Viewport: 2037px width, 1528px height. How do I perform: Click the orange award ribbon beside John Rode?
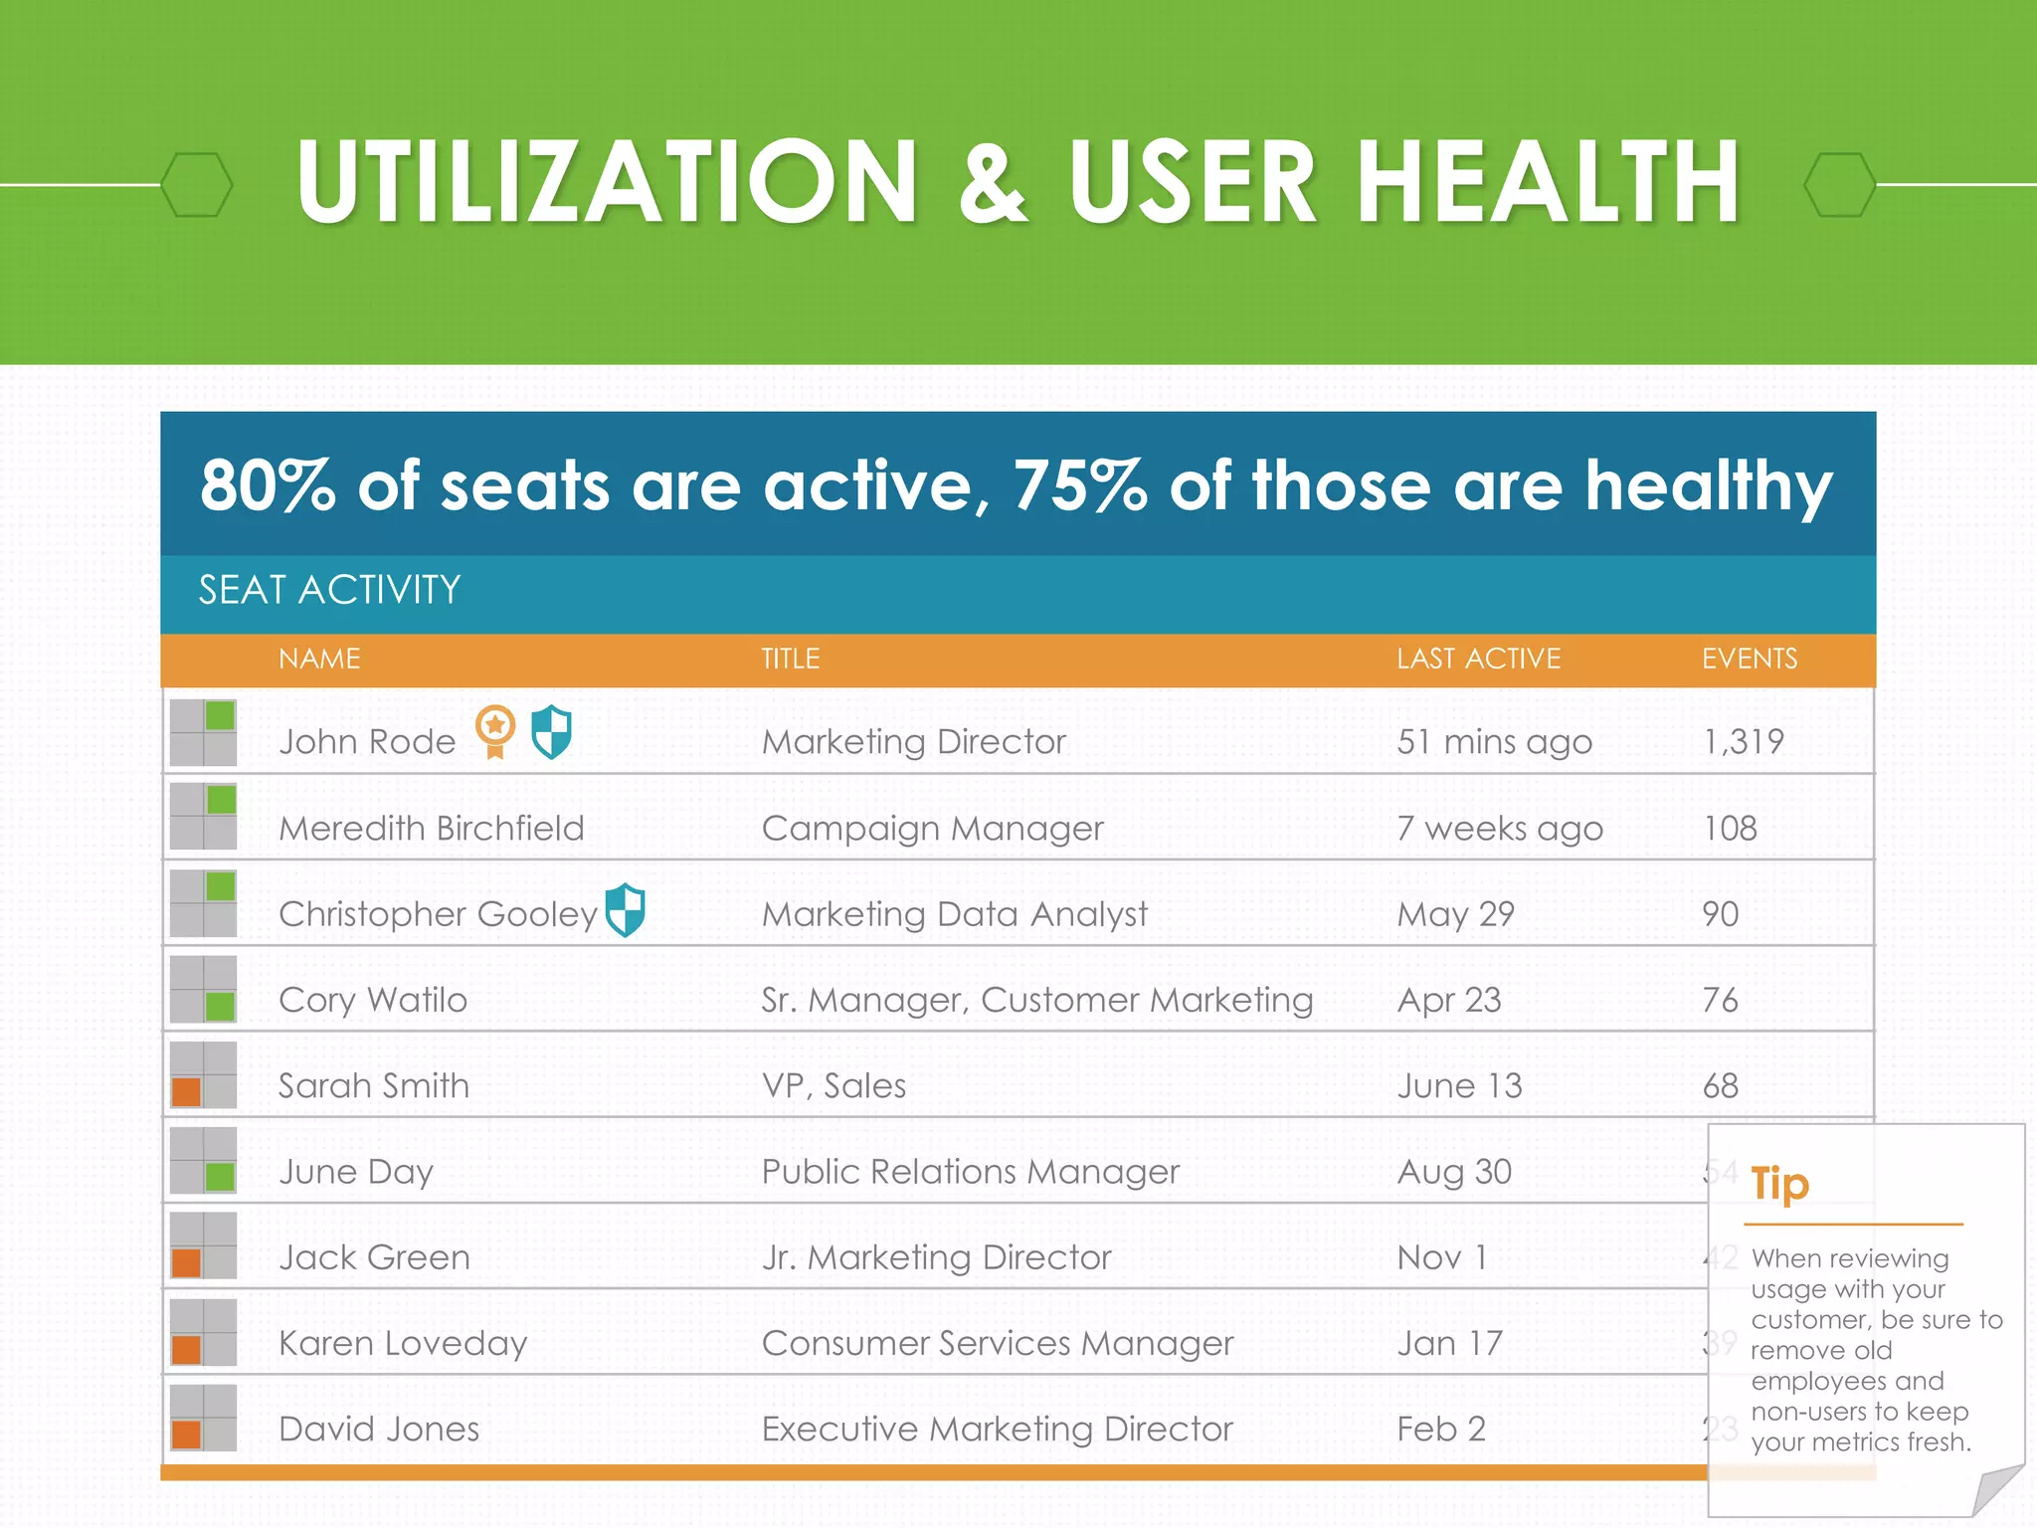(494, 730)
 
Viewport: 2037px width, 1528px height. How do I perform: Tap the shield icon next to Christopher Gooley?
(626, 909)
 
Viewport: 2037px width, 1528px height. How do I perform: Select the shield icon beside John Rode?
(552, 732)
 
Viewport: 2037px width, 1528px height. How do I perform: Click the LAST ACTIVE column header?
(1478, 659)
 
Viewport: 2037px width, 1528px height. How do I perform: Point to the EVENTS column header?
(1749, 659)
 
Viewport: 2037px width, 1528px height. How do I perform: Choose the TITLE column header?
(790, 659)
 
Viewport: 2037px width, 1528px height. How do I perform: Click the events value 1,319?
(1743, 741)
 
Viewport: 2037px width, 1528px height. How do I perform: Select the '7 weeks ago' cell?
(1499, 828)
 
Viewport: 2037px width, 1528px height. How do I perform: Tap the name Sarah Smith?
(373, 1085)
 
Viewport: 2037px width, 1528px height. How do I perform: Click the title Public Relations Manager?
(970, 1172)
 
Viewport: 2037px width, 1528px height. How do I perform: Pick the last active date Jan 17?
(1449, 1343)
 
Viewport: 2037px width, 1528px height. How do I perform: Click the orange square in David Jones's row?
(187, 1434)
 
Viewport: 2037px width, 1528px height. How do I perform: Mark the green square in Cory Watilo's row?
(220, 1006)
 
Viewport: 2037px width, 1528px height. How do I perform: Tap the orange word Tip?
(1779, 1184)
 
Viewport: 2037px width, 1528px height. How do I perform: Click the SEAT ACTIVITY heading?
(329, 590)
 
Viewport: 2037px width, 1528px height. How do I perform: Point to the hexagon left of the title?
(197, 185)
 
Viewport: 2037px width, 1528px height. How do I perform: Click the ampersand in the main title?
(993, 181)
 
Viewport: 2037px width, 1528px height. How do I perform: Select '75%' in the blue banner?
(1079, 485)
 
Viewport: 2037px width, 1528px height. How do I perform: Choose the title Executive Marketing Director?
(997, 1430)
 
